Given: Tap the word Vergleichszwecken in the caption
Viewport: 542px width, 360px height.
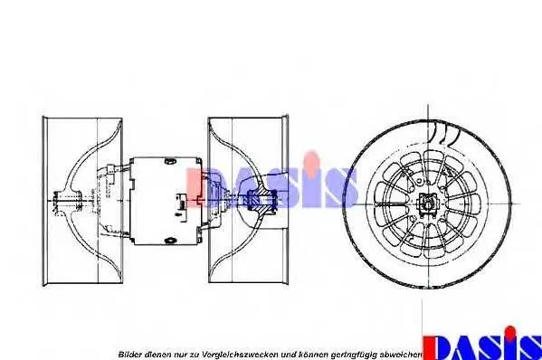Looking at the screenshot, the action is pos(240,355).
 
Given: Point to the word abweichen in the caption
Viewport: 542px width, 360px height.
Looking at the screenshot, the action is pos(401,355).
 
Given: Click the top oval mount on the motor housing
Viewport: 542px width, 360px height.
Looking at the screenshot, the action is pos(169,160).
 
